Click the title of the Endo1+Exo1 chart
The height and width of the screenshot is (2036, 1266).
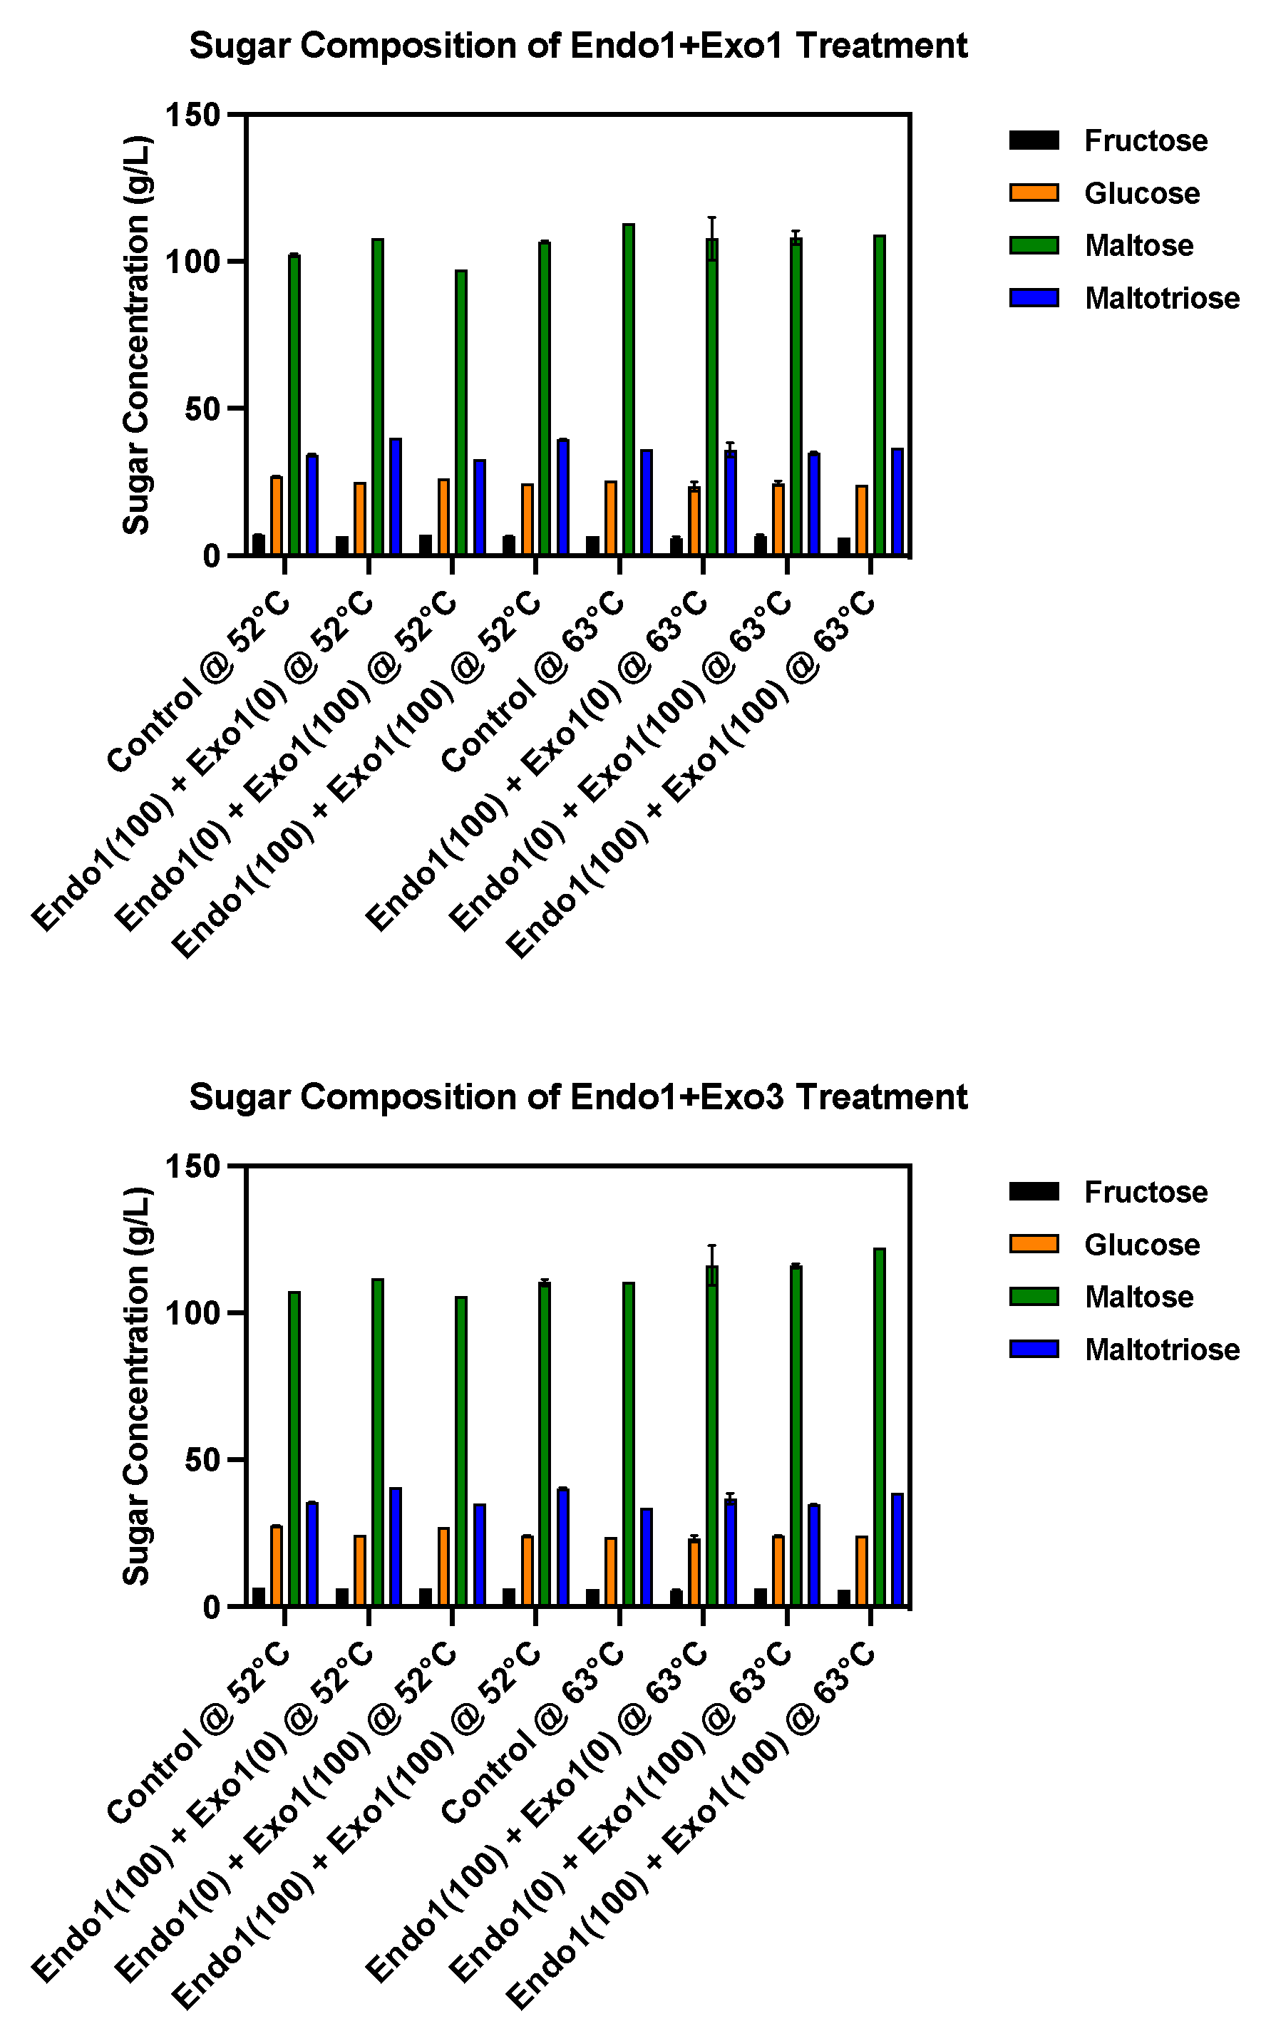[x=577, y=46]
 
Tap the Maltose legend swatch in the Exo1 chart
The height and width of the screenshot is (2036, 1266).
[x=1034, y=245]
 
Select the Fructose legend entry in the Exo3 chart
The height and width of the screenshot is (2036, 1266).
[x=1146, y=1192]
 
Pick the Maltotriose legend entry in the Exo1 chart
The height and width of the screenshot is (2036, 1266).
[x=1161, y=298]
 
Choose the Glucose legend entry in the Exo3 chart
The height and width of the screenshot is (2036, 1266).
[x=1142, y=1245]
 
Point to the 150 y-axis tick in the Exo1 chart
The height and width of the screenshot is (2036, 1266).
[x=192, y=115]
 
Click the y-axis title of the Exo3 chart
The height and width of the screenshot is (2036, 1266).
[x=136, y=1386]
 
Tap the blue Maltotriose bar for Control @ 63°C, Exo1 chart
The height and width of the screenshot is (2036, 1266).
[x=647, y=503]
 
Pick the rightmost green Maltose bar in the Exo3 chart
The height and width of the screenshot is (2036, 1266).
[x=879, y=1427]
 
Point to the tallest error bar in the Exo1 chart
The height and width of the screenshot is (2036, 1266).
[x=711, y=239]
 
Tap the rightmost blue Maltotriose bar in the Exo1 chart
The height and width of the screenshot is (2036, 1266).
[x=897, y=503]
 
